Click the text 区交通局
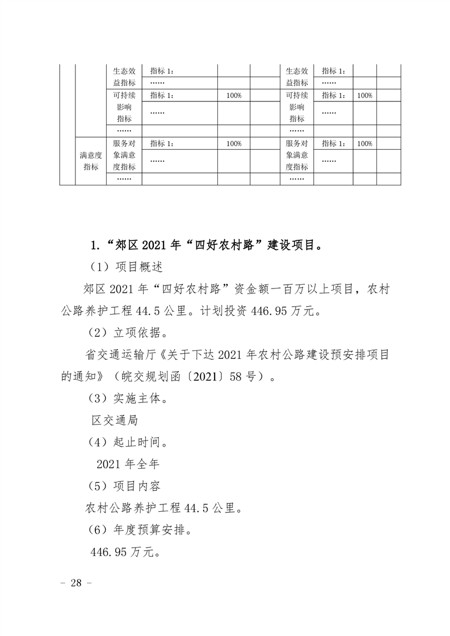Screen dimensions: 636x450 115,421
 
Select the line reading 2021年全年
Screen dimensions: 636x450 128,464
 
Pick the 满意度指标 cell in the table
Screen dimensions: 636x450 91,160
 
